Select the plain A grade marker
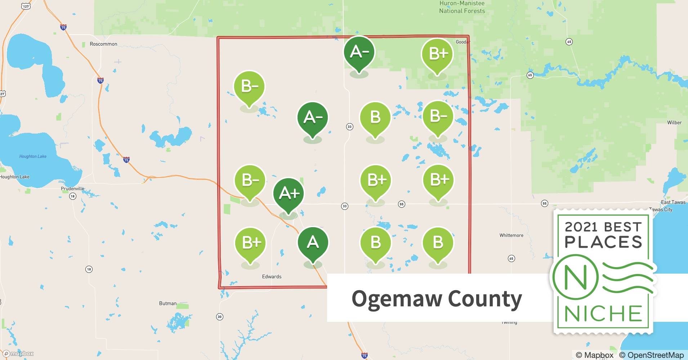click(x=313, y=243)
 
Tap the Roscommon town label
click(x=103, y=44)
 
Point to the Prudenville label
click(x=72, y=189)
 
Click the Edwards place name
click(x=272, y=276)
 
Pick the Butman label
click(x=168, y=303)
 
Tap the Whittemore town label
click(x=511, y=235)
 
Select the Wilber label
click(x=674, y=122)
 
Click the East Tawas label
click(x=673, y=202)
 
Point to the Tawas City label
click(x=661, y=210)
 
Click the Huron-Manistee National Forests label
click(x=462, y=7)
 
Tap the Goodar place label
click(x=463, y=42)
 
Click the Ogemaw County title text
click(x=437, y=299)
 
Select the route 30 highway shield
click(x=220, y=317)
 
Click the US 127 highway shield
click(x=26, y=6)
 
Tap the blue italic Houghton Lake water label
click(x=33, y=156)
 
